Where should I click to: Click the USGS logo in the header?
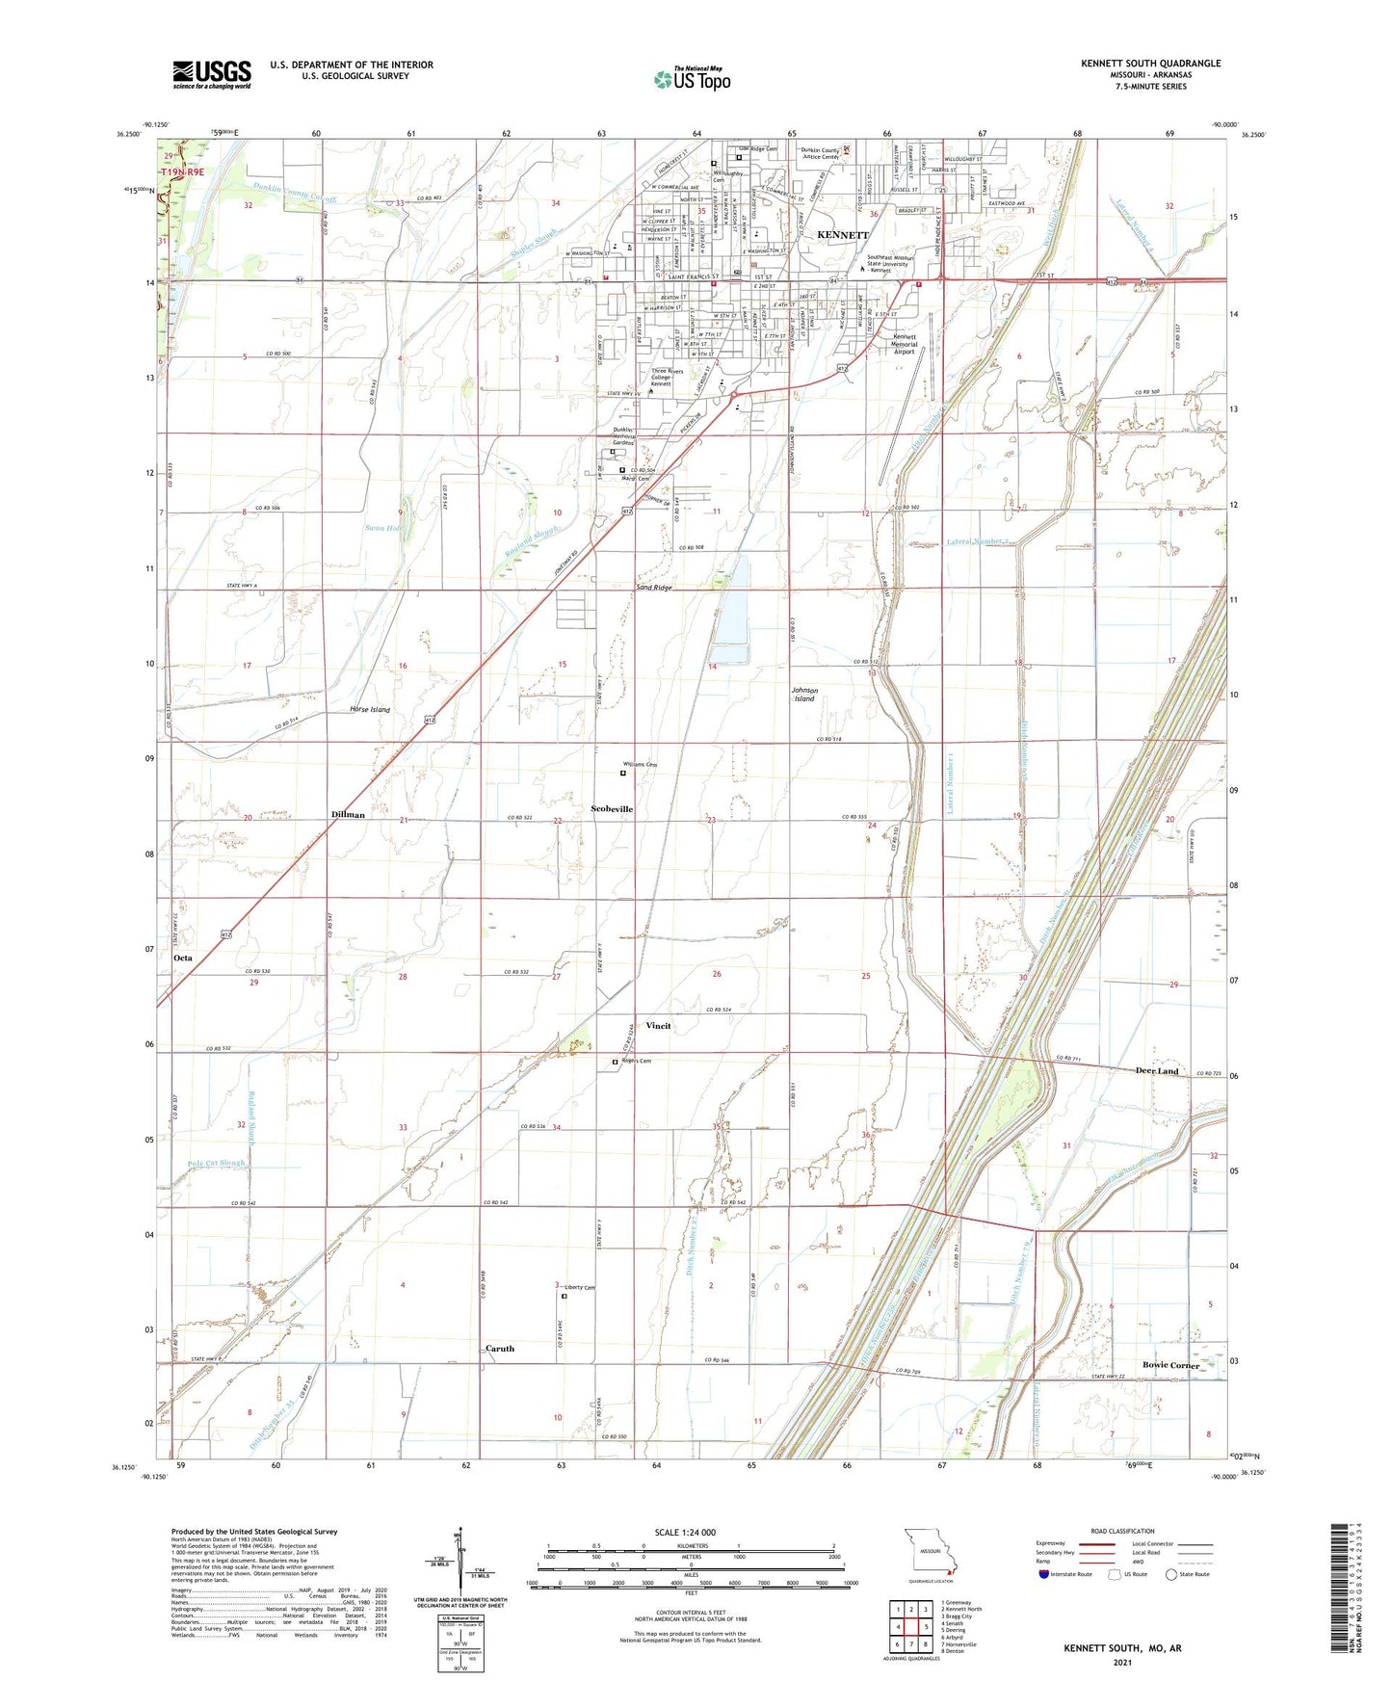tap(212, 73)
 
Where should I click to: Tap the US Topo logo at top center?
tap(692, 79)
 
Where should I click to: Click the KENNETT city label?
tap(843, 235)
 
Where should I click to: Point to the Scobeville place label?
tap(612, 809)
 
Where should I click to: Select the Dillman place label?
tap(348, 815)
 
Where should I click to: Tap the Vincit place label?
tap(658, 1026)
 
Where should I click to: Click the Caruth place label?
tap(500, 1349)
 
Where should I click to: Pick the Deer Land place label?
tap(1156, 1071)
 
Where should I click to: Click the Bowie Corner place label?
tap(1170, 1365)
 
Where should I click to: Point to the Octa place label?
tap(182, 959)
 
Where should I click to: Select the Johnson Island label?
tap(804, 695)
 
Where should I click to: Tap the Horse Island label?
tap(370, 710)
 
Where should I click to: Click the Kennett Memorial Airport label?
tap(904, 344)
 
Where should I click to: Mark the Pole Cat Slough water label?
tap(217, 1163)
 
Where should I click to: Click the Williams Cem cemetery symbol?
tap(622, 773)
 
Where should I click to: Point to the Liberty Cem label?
tap(580, 1287)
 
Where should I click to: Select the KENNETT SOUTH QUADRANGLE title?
tap(1150, 64)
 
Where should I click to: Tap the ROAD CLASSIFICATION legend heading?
tap(1122, 1531)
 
